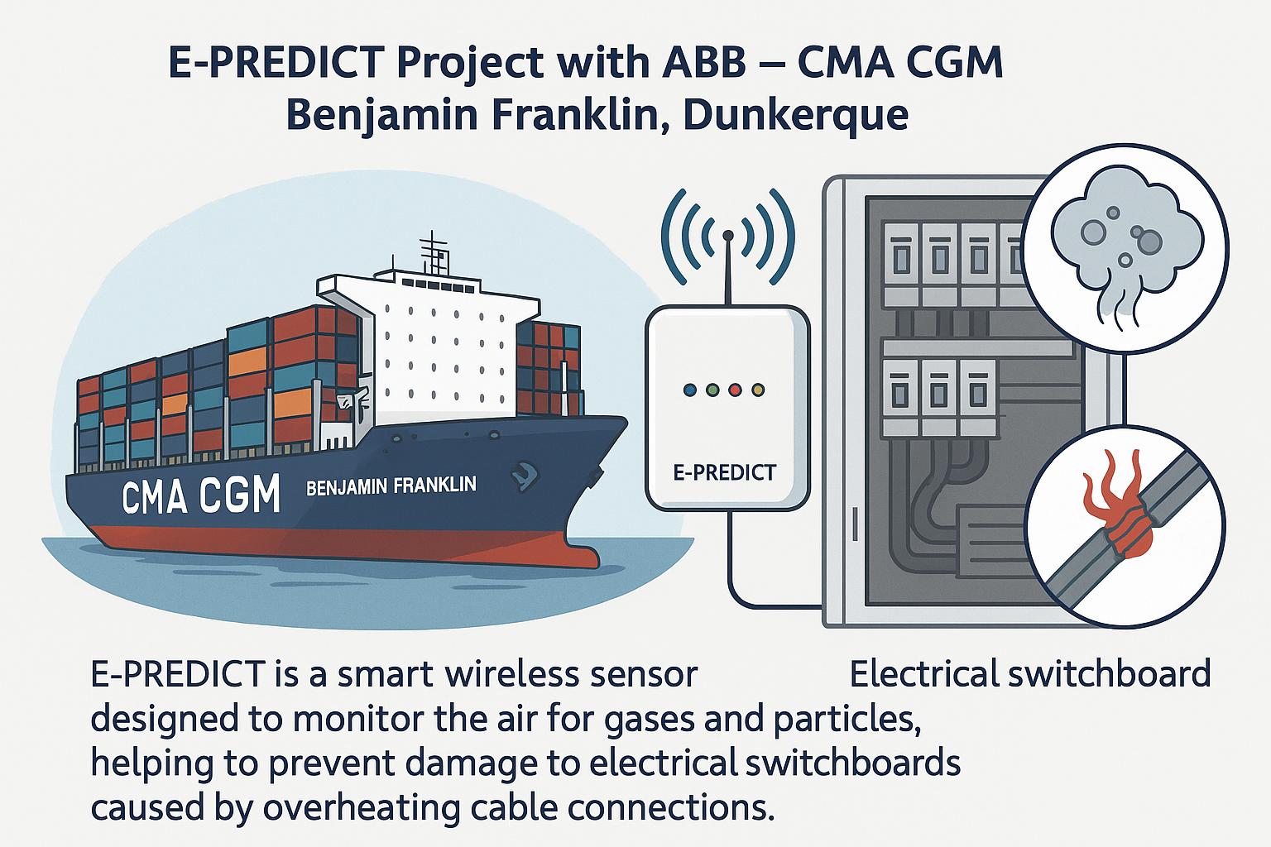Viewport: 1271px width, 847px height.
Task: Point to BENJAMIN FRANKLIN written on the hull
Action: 391,486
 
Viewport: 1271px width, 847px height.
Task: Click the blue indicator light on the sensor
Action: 689,390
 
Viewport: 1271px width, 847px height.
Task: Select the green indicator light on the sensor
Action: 712,390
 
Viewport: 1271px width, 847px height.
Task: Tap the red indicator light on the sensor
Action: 736,390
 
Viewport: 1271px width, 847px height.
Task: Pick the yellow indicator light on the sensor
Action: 758,390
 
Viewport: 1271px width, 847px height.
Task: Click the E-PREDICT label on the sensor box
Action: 725,472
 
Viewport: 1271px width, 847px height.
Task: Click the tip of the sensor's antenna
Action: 728,234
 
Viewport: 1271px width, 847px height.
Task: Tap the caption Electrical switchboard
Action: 1030,674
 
